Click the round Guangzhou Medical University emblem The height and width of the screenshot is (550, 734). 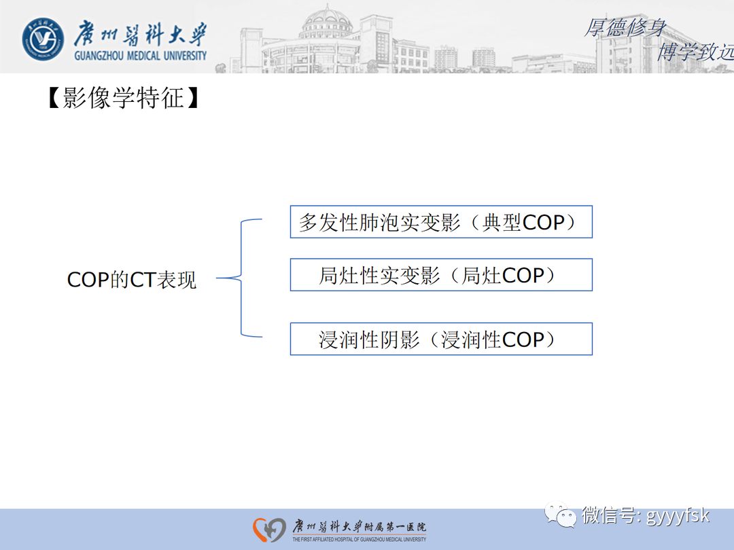[x=43, y=39]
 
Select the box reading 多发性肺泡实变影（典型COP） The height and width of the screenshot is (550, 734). [x=441, y=222]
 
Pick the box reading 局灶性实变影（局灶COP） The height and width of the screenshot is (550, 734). [x=441, y=275]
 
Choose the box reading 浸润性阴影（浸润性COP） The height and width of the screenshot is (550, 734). [x=441, y=339]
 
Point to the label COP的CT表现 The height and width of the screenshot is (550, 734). [x=132, y=280]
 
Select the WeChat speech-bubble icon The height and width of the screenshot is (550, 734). [x=561, y=515]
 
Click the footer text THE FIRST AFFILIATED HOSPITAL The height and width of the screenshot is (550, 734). [x=359, y=540]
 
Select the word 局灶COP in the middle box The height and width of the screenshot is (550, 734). [x=503, y=275]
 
